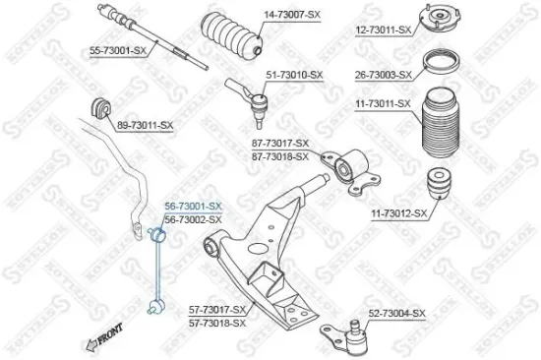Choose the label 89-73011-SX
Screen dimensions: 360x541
coord(145,126)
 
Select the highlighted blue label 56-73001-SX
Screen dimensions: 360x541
coord(193,206)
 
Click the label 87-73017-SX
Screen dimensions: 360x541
coord(280,143)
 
